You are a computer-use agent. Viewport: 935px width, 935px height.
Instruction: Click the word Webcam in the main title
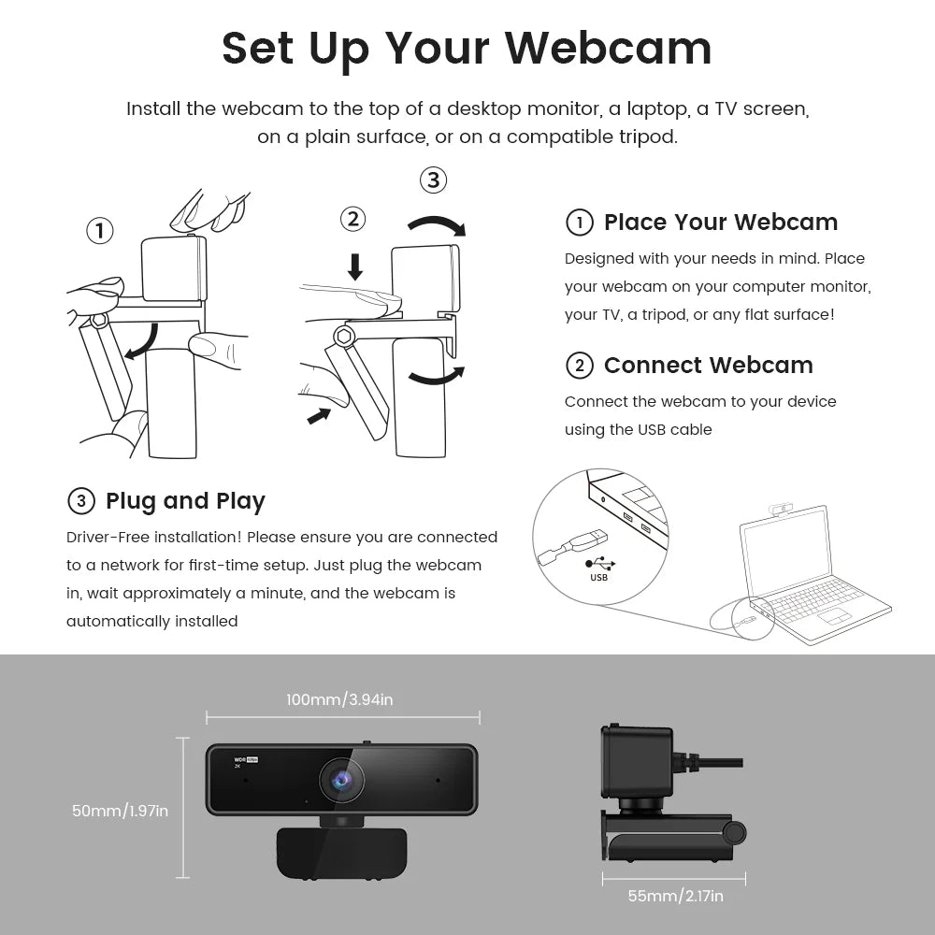614,48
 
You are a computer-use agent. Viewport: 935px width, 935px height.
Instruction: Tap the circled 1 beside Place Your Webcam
580,223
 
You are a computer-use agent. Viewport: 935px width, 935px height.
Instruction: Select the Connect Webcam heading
708,366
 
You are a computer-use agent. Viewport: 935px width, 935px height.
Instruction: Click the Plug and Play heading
185,501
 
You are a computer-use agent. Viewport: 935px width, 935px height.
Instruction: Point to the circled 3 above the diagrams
432,180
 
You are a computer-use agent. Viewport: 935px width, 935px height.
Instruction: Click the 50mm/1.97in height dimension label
120,811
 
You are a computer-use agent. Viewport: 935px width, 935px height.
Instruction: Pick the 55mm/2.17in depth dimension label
675,896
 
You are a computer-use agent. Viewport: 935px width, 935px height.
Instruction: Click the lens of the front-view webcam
341,779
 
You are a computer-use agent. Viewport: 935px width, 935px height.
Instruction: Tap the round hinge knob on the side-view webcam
734,831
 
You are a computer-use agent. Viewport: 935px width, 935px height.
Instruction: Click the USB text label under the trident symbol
599,578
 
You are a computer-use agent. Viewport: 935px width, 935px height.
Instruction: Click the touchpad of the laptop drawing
834,615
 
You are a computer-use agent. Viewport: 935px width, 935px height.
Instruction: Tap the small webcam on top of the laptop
782,509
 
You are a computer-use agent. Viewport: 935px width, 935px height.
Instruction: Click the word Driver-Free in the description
108,538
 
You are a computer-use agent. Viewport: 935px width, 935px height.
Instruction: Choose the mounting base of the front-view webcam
341,851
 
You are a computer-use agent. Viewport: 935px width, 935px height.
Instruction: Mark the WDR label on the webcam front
240,760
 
